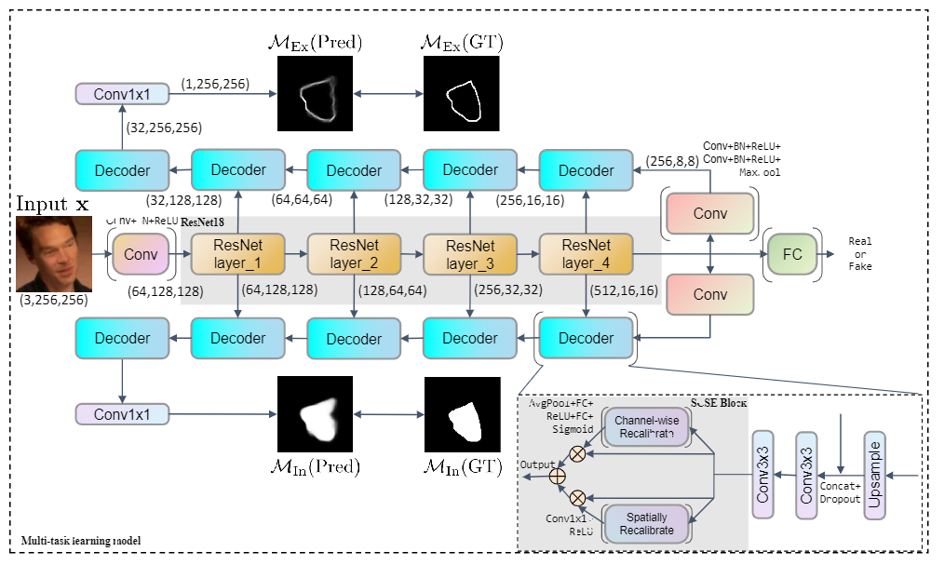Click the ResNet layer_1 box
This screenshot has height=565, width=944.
coord(237,253)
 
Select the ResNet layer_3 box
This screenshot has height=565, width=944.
coord(470,253)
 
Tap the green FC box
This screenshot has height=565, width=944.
coord(791,252)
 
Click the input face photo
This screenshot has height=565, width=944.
coord(54,252)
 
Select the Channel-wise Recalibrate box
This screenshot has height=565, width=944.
coord(648,426)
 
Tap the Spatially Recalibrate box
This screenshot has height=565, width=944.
coord(648,523)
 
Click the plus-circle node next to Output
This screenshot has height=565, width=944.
coord(558,476)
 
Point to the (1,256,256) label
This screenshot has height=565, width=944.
coord(215,84)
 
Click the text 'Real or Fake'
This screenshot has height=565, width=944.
coord(860,253)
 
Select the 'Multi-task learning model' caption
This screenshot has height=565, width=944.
coord(81,541)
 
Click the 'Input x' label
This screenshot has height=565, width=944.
coord(53,203)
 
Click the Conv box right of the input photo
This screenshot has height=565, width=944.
coord(142,253)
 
